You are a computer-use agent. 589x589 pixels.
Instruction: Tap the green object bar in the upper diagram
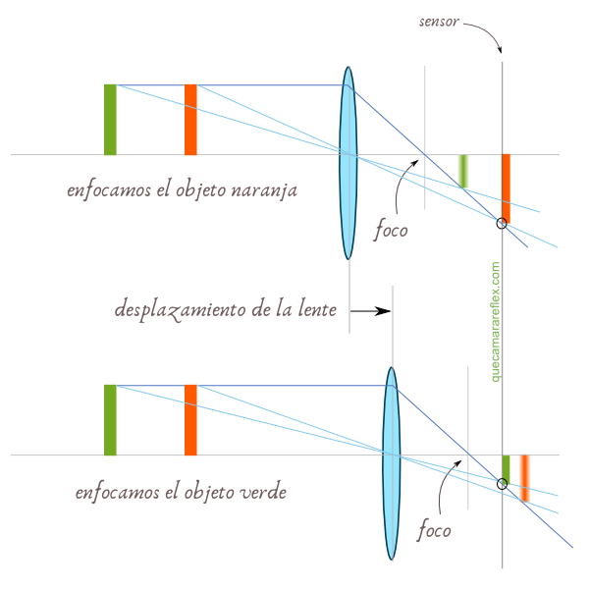[110, 120]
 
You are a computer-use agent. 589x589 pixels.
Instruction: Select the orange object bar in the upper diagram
[190, 120]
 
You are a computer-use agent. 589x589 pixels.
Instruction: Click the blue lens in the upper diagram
[348, 162]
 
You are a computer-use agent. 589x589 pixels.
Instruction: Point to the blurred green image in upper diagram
[462, 171]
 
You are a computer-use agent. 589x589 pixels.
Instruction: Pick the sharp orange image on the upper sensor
[506, 188]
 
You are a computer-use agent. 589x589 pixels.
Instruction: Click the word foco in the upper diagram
[391, 232]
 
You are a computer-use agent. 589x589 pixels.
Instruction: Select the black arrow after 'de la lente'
[370, 310]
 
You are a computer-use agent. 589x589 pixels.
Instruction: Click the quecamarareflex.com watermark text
[496, 321]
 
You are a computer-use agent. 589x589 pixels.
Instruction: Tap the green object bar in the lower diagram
[110, 419]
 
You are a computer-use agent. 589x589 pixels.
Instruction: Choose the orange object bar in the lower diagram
[190, 419]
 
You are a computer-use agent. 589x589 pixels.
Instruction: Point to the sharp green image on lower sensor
[506, 468]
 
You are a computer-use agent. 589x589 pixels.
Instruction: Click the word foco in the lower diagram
[434, 531]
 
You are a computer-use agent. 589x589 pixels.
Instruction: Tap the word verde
[263, 491]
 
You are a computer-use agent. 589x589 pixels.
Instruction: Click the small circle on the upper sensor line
[502, 224]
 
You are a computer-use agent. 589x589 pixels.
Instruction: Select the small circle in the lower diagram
[502, 483]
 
